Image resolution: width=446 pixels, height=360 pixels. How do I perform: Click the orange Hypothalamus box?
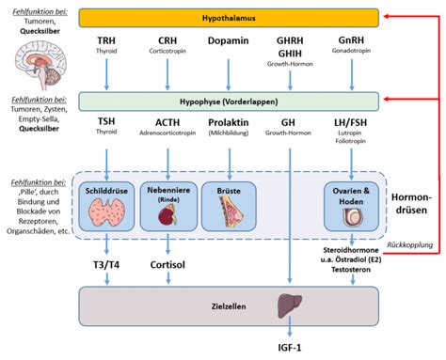(229, 17)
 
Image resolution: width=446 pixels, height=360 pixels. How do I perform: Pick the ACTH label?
(168, 122)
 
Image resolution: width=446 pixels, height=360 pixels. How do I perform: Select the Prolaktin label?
(230, 122)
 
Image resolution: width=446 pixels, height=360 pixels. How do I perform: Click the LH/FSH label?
(351, 122)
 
